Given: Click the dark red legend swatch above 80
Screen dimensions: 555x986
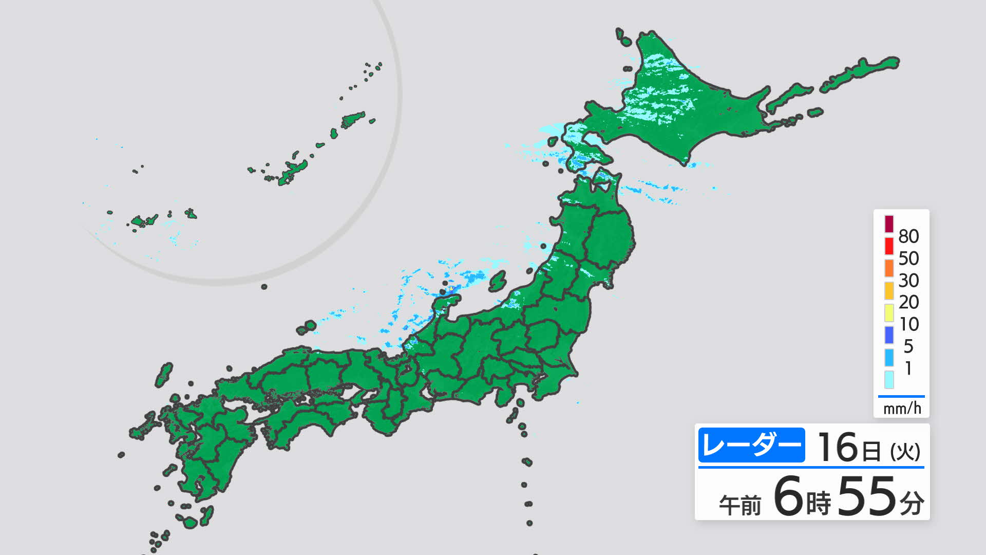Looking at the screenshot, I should tap(889, 224).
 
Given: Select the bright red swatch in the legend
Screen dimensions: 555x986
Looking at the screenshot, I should tap(889, 246).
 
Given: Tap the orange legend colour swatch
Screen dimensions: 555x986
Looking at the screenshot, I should tap(889, 268).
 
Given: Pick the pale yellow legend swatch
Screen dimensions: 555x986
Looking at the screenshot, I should tap(889, 312).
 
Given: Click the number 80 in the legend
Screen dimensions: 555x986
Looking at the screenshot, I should tap(908, 236).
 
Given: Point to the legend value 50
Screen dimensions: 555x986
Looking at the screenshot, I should tap(908, 258).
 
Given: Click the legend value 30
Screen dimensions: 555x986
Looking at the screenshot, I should tap(908, 281).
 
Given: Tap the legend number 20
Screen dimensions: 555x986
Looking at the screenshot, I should tap(908, 302).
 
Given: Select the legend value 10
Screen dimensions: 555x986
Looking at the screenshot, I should tap(908, 324).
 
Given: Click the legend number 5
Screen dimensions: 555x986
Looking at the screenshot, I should tap(908, 346).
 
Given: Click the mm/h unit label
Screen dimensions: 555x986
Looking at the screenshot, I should tap(902, 409).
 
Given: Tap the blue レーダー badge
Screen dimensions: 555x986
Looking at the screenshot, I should tap(751, 445).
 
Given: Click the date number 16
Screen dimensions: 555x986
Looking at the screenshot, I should tap(838, 447).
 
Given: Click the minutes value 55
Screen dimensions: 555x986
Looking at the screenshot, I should tap(867, 496).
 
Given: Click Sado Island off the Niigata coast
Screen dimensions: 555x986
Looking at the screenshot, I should tap(497, 281).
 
